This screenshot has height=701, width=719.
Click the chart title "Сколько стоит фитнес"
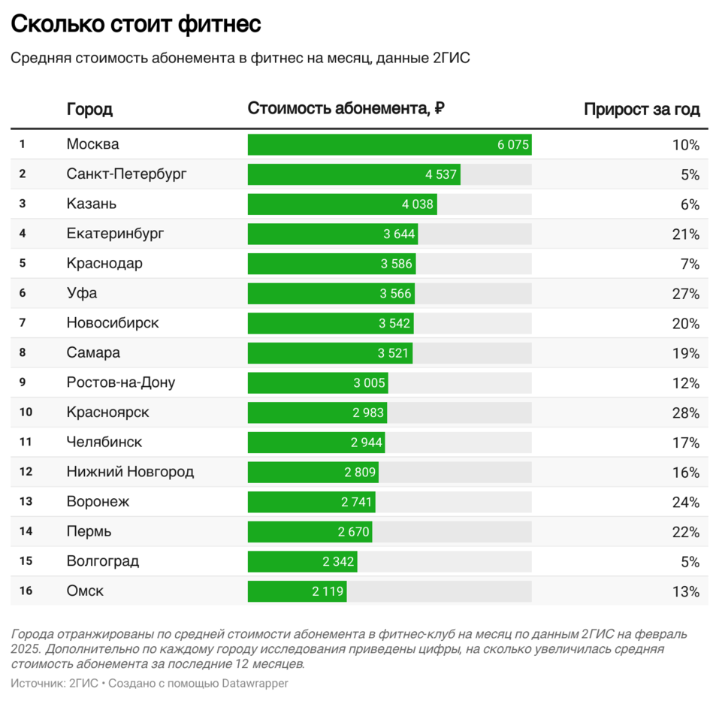pyautogui.click(x=135, y=24)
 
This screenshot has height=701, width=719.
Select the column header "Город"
pyautogui.click(x=89, y=110)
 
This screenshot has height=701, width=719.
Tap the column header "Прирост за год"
pyautogui.click(x=642, y=110)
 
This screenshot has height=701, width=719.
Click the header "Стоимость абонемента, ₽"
pyautogui.click(x=346, y=109)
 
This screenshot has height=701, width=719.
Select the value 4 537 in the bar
pyautogui.click(x=441, y=174)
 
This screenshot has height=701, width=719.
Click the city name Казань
pyautogui.click(x=92, y=204)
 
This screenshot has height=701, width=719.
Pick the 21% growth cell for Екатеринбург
pyautogui.click(x=685, y=234)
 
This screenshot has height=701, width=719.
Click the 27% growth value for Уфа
pyautogui.click(x=685, y=294)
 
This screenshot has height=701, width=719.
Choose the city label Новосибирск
pyautogui.click(x=113, y=323)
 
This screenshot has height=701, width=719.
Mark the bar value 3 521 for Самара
pyautogui.click(x=396, y=353)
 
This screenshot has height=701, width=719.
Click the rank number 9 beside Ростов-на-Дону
pyautogui.click(x=23, y=382)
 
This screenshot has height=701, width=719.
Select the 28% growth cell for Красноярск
pyautogui.click(x=685, y=412)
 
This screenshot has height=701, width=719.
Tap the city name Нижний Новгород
pyautogui.click(x=130, y=472)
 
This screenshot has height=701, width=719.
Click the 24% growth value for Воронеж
pyautogui.click(x=685, y=502)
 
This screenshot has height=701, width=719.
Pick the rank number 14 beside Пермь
pyautogui.click(x=26, y=531)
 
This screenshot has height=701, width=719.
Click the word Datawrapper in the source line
pyautogui.click(x=255, y=683)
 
